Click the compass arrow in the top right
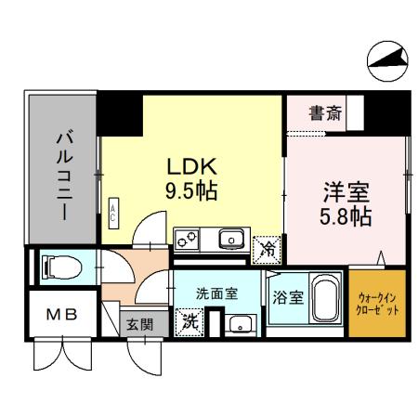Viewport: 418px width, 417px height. [387, 60]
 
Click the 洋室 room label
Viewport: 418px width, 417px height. [346, 193]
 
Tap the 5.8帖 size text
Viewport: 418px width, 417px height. [346, 217]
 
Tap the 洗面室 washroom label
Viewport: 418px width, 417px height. [216, 293]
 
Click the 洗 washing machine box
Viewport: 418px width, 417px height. [189, 321]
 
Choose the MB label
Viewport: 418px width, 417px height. [61, 315]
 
